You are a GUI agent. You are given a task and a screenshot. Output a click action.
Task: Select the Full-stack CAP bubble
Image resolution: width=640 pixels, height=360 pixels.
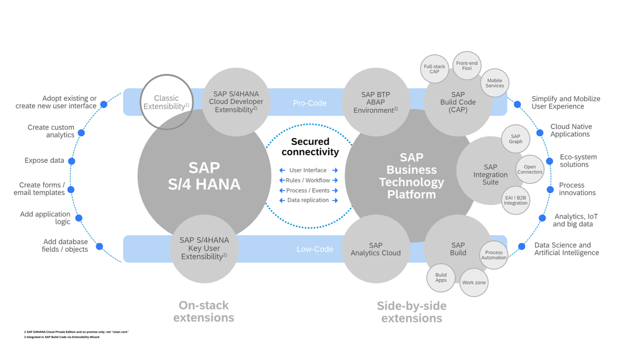pos(434,69)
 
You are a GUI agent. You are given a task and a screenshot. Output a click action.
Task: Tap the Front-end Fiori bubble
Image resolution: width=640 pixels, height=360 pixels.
pos(467,66)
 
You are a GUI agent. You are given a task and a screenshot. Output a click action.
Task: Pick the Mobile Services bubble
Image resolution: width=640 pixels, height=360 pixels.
pos(494,83)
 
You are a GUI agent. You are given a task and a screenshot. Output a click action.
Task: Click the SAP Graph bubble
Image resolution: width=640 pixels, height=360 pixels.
pos(515,139)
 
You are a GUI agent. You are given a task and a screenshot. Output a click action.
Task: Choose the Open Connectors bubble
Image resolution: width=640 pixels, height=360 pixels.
pos(529,170)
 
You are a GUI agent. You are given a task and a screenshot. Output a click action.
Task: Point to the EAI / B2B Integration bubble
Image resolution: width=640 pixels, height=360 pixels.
pos(515,201)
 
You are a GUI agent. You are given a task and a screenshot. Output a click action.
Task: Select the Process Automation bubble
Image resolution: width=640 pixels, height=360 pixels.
pos(493,255)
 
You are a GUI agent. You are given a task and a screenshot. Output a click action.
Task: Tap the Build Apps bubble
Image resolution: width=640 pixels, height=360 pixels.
pos(441,278)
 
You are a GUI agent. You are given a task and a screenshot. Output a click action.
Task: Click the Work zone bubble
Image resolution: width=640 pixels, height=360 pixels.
pos(474,282)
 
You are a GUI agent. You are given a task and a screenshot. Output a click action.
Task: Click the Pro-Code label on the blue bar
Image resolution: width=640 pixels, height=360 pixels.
pos(309,103)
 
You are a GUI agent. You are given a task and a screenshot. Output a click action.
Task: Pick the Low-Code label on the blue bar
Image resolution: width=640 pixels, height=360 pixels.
pos(314,249)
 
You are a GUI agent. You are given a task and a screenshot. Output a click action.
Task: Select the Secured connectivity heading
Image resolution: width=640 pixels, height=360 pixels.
pos(310,146)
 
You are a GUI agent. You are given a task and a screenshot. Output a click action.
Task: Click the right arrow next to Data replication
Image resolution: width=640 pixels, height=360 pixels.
pos(335,201)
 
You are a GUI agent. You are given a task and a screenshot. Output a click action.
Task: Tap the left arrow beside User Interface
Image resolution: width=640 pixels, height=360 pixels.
pos(282,171)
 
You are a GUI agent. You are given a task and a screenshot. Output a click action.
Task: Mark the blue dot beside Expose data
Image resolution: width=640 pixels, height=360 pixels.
pos(72,161)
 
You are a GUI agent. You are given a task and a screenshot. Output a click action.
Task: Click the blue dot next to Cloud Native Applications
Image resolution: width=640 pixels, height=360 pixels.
pos(540,133)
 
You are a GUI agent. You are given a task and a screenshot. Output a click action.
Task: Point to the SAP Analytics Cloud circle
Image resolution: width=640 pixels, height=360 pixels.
pos(375,249)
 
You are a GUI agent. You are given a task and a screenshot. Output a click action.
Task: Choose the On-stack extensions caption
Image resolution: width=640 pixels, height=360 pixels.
pos(203,311)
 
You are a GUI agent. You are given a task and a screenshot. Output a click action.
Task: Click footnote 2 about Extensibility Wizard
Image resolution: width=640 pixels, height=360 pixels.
pos(62,337)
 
